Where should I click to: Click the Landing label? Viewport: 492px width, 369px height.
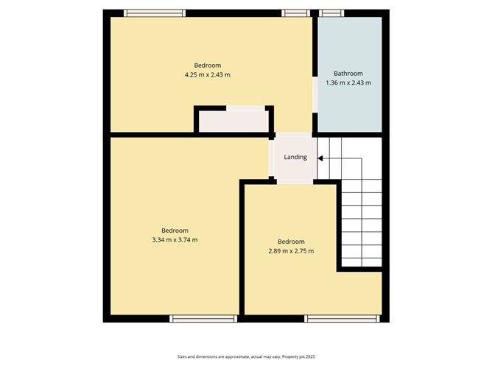[295, 157]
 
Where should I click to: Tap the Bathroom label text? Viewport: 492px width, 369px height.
[348, 74]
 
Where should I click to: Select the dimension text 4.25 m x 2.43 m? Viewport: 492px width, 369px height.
[208, 74]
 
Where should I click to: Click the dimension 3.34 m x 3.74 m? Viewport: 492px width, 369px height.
[175, 239]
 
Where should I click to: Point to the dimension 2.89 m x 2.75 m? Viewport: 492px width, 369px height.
[291, 250]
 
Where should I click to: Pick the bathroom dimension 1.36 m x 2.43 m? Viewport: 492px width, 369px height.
[348, 82]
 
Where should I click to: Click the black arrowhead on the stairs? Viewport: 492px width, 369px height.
[320, 158]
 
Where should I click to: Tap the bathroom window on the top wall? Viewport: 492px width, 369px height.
[331, 13]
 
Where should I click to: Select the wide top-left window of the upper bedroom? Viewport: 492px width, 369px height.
[155, 13]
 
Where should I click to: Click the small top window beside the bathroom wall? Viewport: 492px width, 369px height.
[295, 13]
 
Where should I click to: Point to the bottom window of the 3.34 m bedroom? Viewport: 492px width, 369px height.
[203, 318]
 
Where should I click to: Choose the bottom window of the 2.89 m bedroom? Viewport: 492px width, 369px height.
[342, 318]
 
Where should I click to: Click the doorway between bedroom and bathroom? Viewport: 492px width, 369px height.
[314, 94]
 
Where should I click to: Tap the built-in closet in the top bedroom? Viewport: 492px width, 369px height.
[233, 119]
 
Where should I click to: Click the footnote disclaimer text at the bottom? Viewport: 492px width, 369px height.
[246, 356]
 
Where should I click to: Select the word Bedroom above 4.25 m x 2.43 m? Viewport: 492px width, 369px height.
[208, 66]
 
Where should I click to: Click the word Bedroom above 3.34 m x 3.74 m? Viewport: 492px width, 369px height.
[175, 231]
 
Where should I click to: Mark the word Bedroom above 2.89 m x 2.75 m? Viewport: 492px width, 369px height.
[291, 242]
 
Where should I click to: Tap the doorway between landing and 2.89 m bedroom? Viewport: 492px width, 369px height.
[295, 182]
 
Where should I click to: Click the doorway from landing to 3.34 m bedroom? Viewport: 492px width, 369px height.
[271, 158]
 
